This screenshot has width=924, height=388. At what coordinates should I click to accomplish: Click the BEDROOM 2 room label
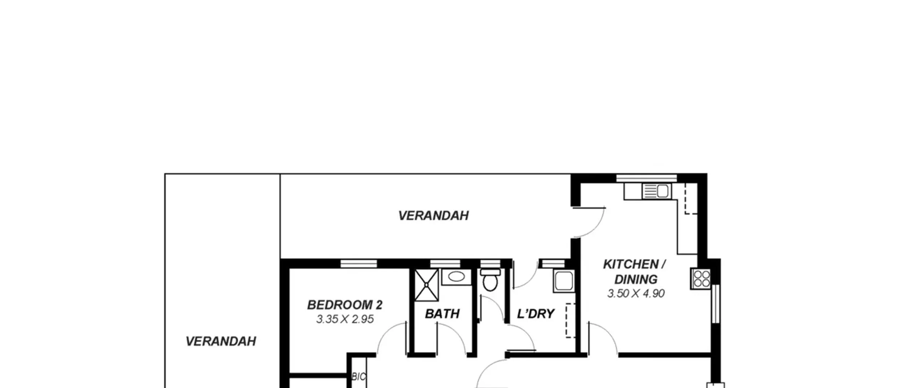click(345, 305)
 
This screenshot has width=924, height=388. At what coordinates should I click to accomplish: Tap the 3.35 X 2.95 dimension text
click(345, 319)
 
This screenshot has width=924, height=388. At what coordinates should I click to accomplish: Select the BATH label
click(442, 314)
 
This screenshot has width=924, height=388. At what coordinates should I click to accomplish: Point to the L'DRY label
click(536, 314)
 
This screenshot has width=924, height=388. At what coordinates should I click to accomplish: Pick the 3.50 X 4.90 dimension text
click(636, 293)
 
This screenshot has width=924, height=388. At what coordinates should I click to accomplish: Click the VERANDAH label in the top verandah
click(433, 216)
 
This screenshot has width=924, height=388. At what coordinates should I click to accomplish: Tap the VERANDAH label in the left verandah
click(221, 341)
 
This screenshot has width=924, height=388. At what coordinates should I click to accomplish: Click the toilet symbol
click(490, 279)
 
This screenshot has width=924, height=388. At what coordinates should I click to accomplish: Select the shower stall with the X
click(426, 285)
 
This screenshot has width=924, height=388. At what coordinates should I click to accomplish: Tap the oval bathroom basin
click(457, 277)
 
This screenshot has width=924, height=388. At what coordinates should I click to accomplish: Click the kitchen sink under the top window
click(657, 191)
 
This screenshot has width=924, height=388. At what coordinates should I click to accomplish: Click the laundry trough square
click(564, 281)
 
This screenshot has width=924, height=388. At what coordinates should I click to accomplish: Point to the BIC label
click(359, 377)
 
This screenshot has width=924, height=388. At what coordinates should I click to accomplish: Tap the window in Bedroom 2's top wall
click(359, 264)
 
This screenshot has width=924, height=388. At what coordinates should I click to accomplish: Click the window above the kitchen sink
click(646, 178)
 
